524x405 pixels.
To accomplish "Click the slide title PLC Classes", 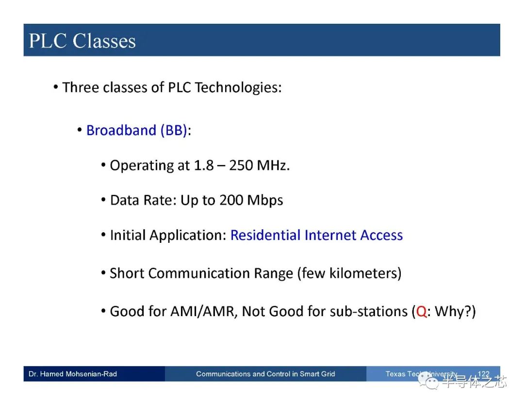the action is (82, 41).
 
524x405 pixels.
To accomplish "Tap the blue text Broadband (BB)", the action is (136, 130).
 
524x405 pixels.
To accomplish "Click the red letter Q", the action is (422, 312).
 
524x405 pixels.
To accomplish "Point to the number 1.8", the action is (203, 165).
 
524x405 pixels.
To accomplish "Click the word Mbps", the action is (265, 201).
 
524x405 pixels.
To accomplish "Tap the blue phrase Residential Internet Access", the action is (316, 235).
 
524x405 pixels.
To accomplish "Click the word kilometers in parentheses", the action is (363, 273).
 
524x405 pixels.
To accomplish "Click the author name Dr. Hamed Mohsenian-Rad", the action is (73, 374).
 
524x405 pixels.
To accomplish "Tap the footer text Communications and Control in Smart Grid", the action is (265, 374).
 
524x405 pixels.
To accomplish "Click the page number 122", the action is (484, 374).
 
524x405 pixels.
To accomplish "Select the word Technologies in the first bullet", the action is (238, 87).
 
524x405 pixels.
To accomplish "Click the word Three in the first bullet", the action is (81, 87).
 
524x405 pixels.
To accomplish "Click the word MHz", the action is (273, 165).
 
